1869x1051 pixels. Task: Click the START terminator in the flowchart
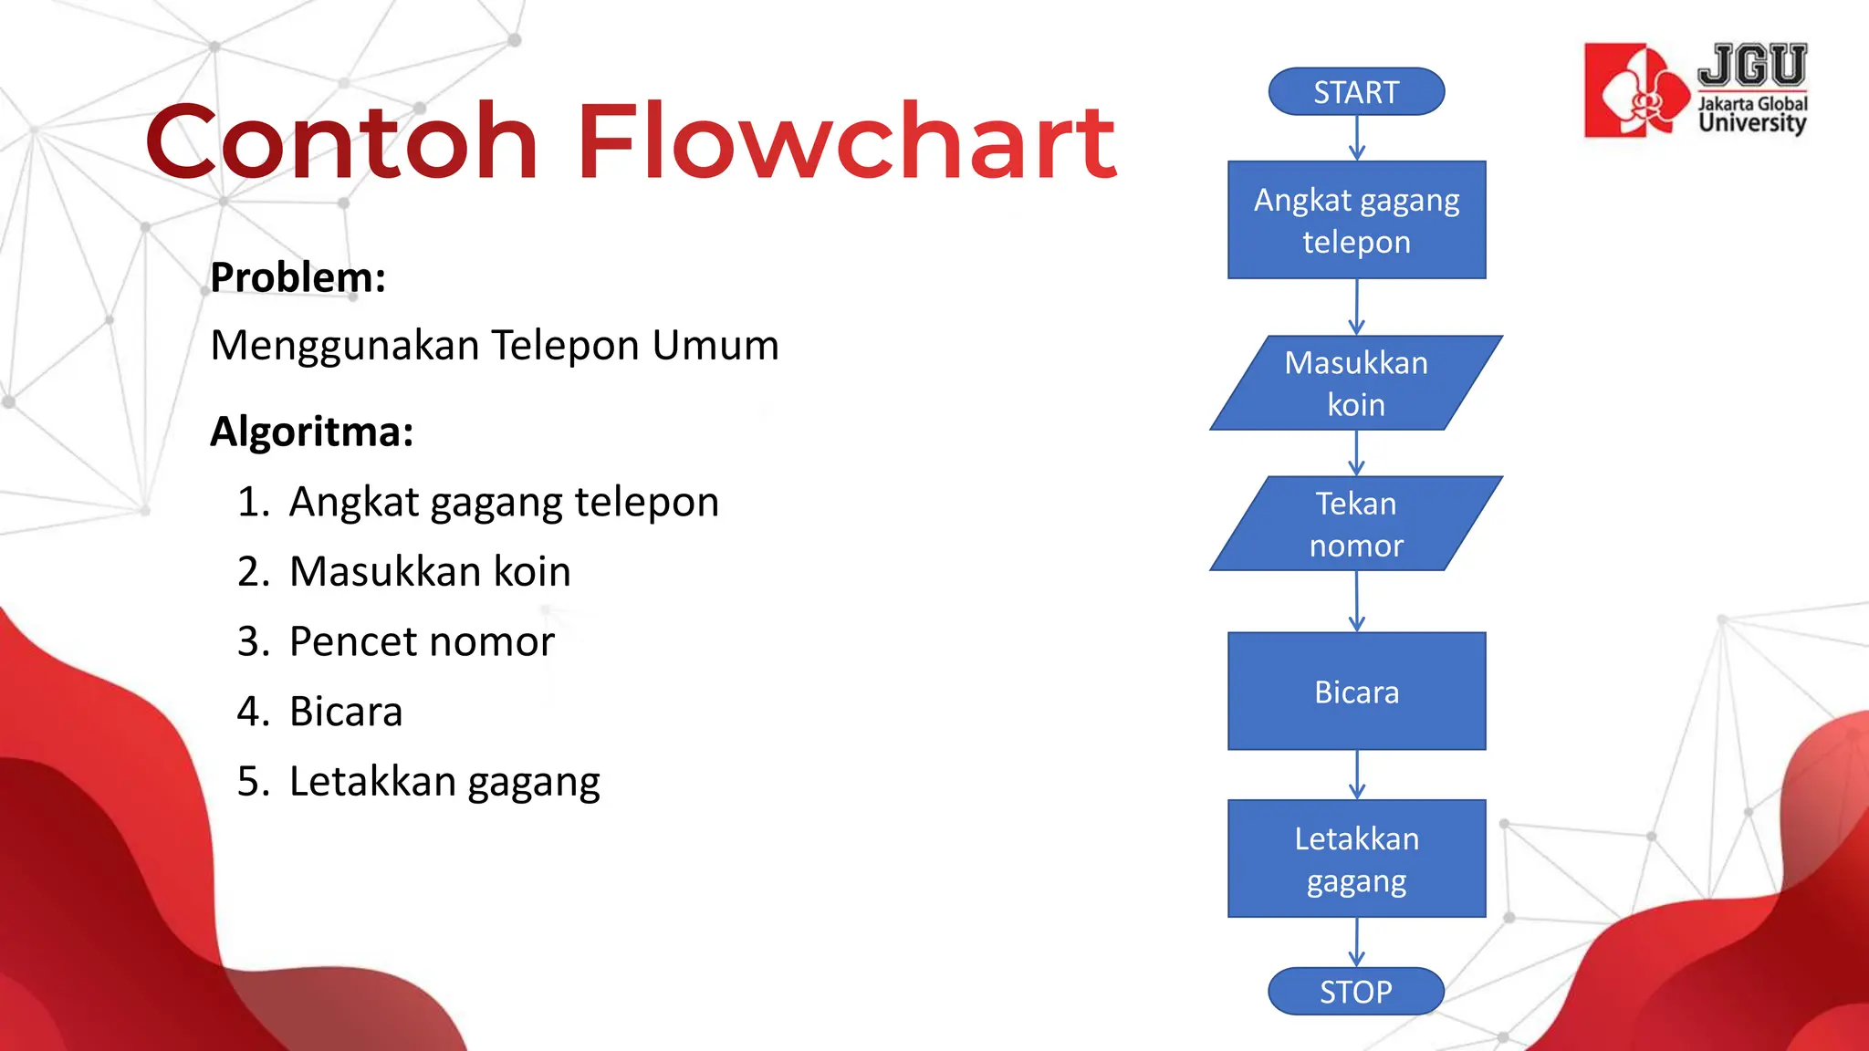(1356, 92)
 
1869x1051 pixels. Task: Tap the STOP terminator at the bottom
(1356, 992)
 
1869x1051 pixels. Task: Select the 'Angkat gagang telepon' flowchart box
(1356, 220)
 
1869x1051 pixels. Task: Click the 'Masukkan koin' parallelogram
(1356, 383)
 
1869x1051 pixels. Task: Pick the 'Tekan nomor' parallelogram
(1356, 524)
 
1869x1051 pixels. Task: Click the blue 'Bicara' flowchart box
(1356, 692)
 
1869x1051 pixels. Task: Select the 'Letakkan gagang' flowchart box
(1356, 858)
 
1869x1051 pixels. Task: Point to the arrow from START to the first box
(1357, 139)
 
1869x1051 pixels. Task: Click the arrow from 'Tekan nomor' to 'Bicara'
(1357, 602)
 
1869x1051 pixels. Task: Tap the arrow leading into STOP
(1357, 942)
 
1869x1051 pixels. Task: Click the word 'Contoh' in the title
(341, 142)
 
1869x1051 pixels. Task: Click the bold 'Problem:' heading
(298, 277)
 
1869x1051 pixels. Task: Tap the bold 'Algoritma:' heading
(312, 432)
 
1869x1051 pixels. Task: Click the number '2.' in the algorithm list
(254, 572)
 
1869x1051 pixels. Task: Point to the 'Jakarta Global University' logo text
(1752, 114)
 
